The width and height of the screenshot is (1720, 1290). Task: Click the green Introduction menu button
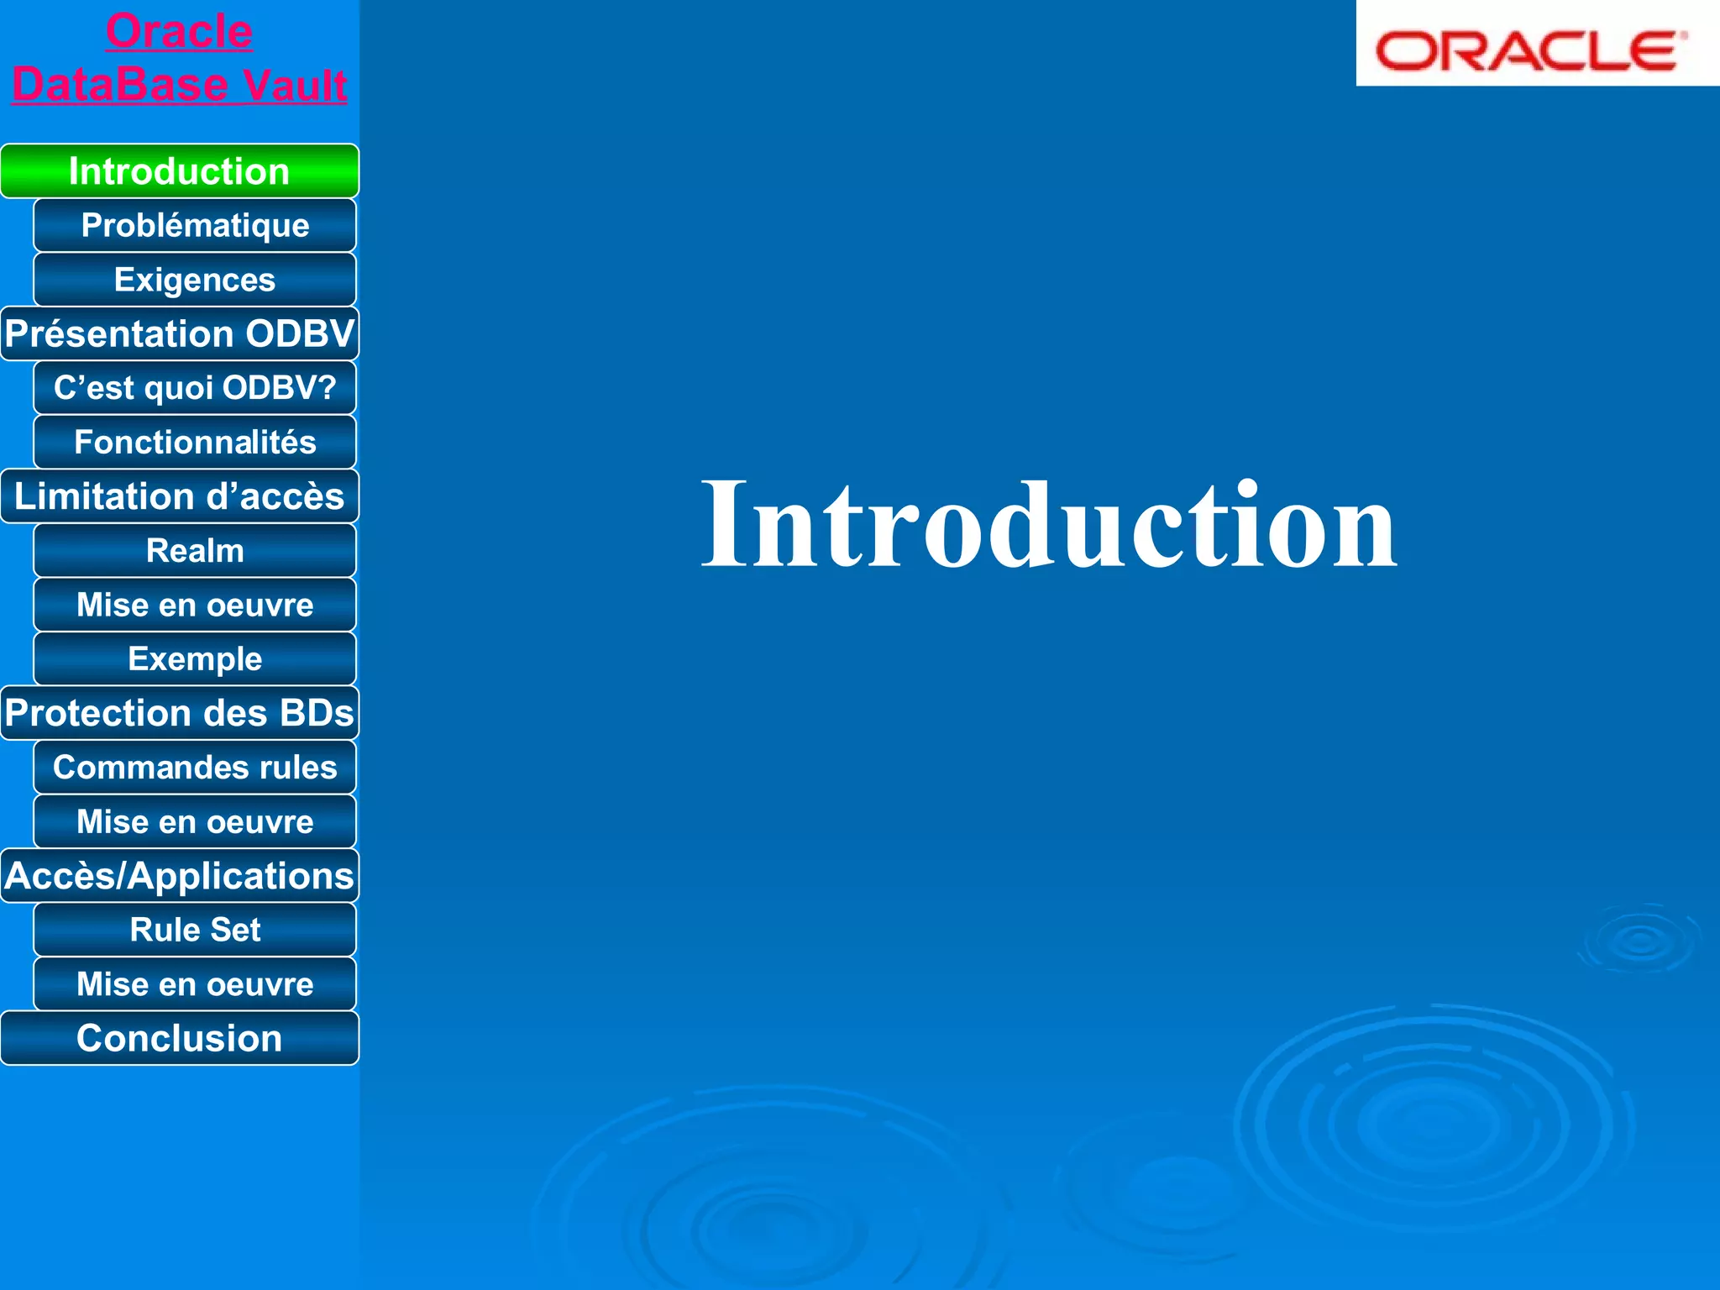(179, 171)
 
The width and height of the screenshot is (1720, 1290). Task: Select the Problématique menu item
(195, 225)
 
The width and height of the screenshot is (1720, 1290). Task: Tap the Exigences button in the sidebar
(195, 280)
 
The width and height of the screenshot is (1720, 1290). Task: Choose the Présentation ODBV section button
(179, 333)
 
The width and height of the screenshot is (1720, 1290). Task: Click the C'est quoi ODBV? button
(195, 388)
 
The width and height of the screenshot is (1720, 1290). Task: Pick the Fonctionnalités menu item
(195, 443)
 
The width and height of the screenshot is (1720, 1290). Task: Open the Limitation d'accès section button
(179, 496)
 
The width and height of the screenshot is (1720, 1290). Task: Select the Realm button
(195, 551)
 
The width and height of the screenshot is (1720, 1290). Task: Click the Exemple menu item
(195, 659)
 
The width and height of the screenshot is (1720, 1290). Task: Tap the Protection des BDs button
(179, 713)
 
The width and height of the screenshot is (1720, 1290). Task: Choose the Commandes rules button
(195, 768)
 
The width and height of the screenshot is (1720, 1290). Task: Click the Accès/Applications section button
(179, 876)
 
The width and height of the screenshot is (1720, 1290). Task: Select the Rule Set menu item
(195, 930)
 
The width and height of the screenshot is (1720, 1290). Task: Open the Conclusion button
(179, 1038)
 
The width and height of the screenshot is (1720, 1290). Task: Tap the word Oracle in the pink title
(179, 32)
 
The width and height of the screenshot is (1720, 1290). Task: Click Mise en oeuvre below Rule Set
(195, 984)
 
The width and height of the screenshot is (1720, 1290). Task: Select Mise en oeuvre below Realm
(195, 605)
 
